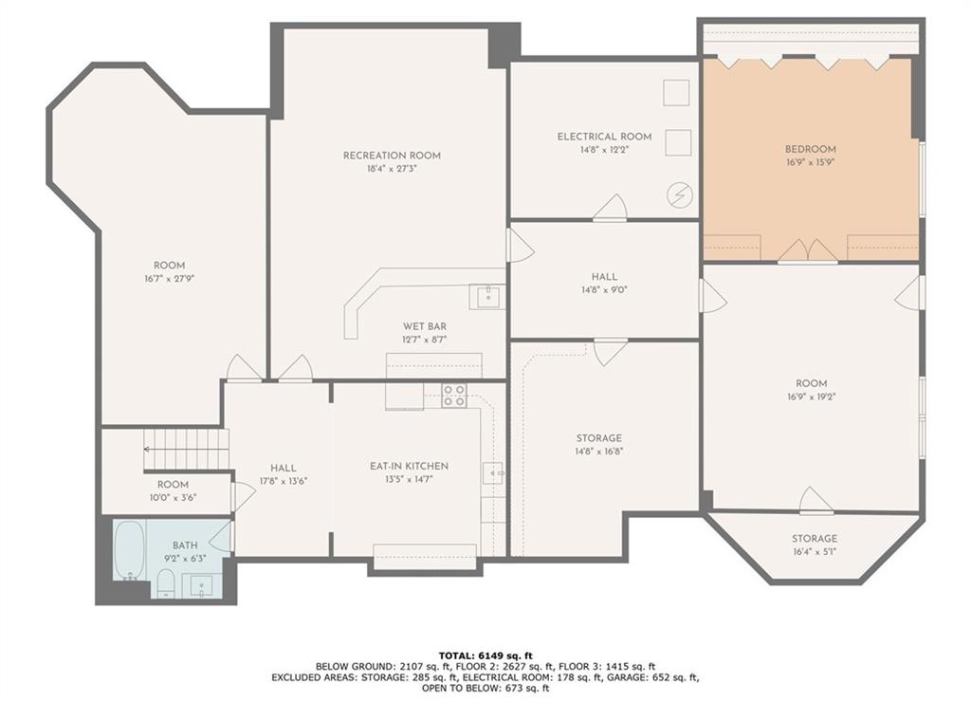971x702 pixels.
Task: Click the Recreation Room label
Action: [392, 156]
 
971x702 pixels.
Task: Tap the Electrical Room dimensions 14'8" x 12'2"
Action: [604, 150]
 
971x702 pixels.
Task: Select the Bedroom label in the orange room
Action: [811, 149]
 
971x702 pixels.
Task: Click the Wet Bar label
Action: [425, 326]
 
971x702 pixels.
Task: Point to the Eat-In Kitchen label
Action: [409, 466]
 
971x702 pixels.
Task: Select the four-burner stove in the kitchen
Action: [454, 396]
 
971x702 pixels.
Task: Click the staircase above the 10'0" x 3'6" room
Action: [187, 450]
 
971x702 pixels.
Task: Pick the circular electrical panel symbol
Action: [679, 195]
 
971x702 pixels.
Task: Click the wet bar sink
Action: [487, 297]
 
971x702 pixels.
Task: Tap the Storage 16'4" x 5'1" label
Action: [815, 539]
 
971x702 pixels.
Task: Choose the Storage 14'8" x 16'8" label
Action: [599, 438]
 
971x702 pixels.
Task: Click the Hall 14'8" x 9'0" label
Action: [604, 277]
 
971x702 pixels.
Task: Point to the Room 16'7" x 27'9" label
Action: [169, 266]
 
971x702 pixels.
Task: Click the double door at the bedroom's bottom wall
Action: [808, 251]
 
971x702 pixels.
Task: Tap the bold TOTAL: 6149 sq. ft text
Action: [485, 656]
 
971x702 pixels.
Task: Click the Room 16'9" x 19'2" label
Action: [812, 383]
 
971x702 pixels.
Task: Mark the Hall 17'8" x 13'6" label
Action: [283, 469]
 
